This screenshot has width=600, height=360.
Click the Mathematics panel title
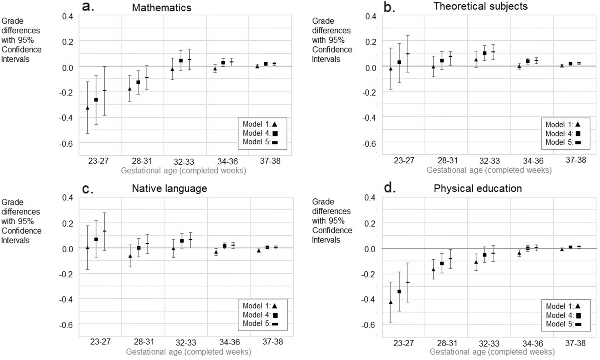coord(162,7)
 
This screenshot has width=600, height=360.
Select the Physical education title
coord(478,188)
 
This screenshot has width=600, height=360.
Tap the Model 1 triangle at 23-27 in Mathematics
coord(88,108)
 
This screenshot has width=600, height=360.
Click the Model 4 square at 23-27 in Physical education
coord(399,292)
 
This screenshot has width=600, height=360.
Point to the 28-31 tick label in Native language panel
coord(144,341)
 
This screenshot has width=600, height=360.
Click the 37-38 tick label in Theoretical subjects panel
coord(575,160)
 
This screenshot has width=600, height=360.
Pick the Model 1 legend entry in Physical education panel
coord(563,306)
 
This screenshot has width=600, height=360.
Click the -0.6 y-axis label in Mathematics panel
coord(68,144)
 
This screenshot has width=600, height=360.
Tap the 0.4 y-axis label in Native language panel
coord(68,198)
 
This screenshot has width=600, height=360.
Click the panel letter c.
coord(87,189)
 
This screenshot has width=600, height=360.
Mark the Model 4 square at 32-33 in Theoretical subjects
coord(485,53)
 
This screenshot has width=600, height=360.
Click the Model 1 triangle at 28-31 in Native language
coord(130,256)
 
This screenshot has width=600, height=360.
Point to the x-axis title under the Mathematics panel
coord(183,171)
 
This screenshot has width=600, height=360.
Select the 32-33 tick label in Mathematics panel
coord(184,162)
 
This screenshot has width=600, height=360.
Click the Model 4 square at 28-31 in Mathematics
coord(138,82)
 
